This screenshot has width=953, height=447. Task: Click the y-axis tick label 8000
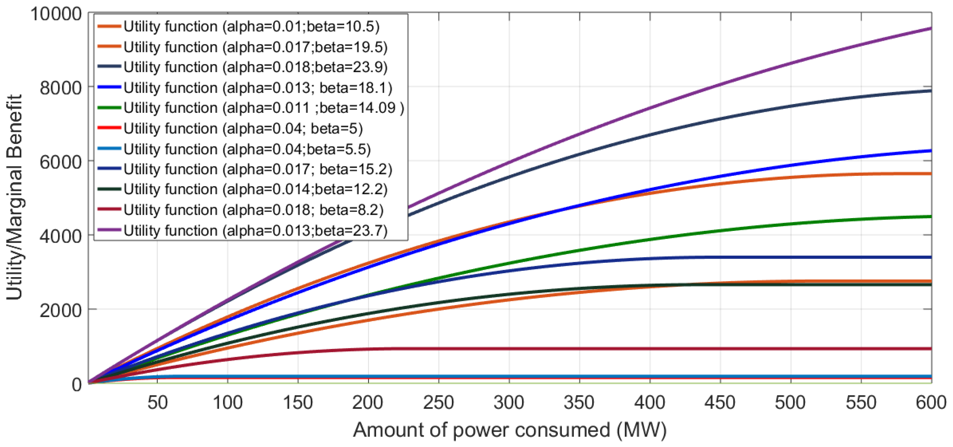(60, 88)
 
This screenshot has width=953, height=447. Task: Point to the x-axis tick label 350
(579, 403)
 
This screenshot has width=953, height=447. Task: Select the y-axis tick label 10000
(55, 14)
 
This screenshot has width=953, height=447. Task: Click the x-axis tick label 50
(158, 403)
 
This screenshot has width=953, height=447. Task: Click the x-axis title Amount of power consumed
(510, 430)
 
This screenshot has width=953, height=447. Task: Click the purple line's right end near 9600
(929, 29)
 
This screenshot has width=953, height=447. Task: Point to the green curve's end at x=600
(929, 217)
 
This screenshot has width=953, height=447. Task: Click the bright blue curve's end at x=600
(929, 151)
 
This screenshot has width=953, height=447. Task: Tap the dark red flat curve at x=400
(650, 349)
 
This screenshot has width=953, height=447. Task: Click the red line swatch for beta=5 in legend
(109, 128)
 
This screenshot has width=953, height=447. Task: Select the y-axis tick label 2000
(60, 310)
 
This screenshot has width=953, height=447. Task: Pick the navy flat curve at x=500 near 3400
(791, 257)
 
